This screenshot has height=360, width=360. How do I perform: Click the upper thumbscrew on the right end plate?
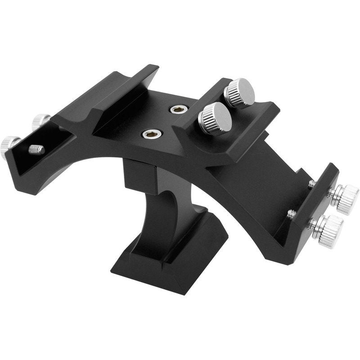pos(343,198)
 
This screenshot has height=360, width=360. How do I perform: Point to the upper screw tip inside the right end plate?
pos(311,183)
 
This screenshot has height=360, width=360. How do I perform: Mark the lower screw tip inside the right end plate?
pos(292,214)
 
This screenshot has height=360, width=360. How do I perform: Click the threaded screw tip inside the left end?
pos(36,149)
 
